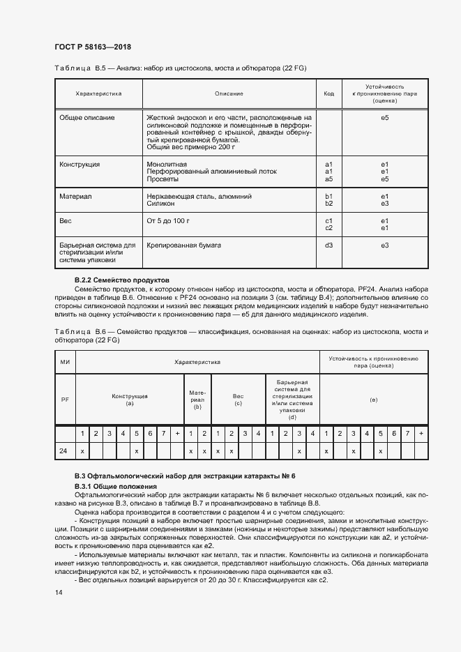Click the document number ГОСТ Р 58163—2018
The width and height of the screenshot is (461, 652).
93,47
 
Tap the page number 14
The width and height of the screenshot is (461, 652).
59,592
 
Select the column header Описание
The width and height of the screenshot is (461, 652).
229,93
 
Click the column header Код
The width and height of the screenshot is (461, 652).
329,93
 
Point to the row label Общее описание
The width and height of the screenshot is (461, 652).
87,118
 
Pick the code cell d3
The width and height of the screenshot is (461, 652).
329,245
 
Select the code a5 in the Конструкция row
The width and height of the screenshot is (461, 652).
329,179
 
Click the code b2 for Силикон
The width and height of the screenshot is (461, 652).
329,204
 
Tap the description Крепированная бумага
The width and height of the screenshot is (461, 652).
183,245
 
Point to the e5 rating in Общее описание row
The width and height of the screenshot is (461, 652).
384,118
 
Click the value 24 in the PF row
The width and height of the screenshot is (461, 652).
63,451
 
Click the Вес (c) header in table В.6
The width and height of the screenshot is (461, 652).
238,399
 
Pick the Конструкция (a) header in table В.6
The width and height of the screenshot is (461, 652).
129,399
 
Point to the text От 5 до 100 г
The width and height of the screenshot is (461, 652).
168,221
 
